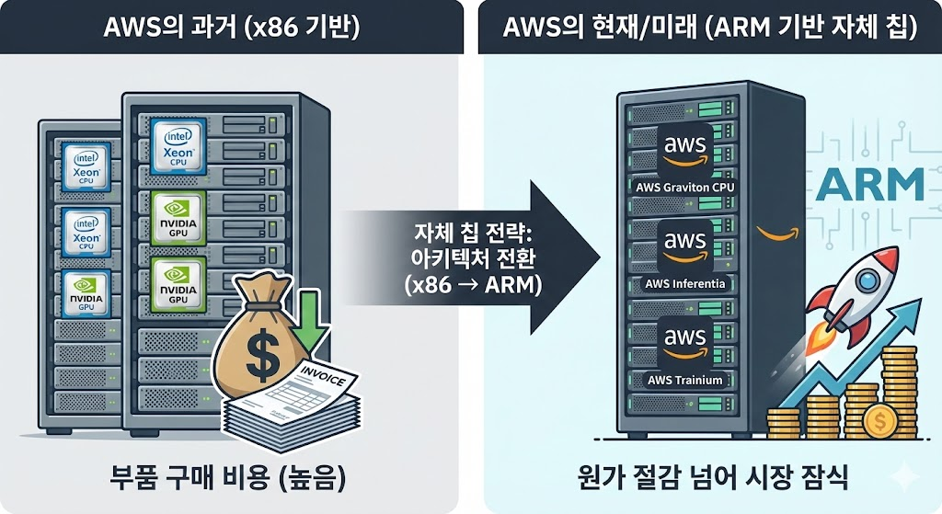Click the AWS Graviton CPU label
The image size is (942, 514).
[686, 188]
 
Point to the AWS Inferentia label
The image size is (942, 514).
[686, 283]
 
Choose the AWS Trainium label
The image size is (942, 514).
[686, 380]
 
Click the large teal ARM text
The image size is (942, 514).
[868, 184]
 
